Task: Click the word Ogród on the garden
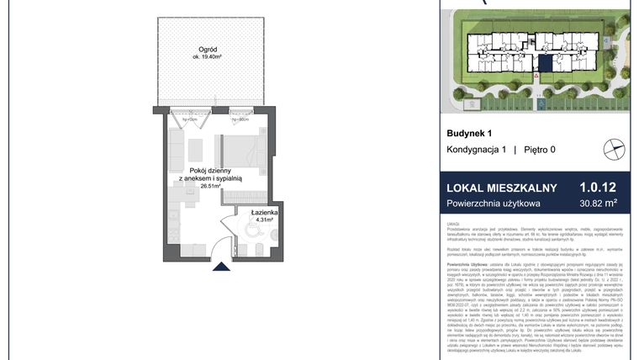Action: pyautogui.click(x=209, y=46)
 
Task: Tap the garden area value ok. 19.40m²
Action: pyautogui.click(x=209, y=55)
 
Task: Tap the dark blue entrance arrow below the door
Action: pyautogui.click(x=221, y=267)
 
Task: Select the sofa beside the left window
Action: pyautogui.click(x=177, y=147)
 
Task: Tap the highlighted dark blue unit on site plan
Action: pyautogui.click(x=547, y=61)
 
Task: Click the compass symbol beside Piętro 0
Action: pyautogui.click(x=615, y=149)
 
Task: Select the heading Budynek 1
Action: pyautogui.click(x=468, y=133)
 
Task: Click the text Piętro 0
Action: pyautogui.click(x=539, y=150)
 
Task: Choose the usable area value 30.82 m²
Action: pyautogui.click(x=599, y=203)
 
